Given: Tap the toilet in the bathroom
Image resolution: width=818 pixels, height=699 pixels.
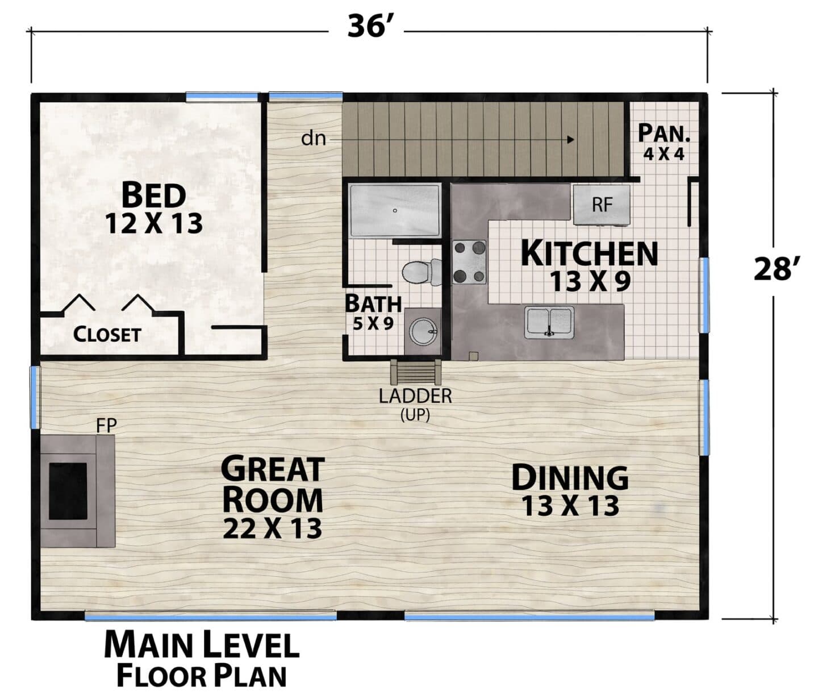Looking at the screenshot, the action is click(x=421, y=272).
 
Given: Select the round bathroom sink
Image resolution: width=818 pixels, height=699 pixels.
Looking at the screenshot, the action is click(x=423, y=332).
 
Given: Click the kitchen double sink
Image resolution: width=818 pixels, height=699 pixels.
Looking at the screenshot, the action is click(x=550, y=322).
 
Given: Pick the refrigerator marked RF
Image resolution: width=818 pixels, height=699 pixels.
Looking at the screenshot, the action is click(x=602, y=205).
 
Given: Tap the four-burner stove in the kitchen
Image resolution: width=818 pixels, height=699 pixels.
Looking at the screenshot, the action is click(x=470, y=262).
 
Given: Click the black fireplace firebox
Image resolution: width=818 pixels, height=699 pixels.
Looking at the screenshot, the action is click(x=68, y=491).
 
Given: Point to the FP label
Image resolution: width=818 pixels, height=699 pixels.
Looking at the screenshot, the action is click(x=106, y=426).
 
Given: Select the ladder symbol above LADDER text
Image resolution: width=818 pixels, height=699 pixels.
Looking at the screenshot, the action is click(x=415, y=372).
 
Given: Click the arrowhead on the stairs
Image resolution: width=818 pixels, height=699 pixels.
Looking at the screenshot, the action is click(x=571, y=139).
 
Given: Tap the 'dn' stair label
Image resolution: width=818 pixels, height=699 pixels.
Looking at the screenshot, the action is click(x=314, y=139).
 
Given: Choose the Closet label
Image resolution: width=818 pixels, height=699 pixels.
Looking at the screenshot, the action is click(x=107, y=335).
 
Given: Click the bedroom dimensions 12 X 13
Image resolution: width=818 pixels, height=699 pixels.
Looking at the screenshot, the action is click(x=154, y=224).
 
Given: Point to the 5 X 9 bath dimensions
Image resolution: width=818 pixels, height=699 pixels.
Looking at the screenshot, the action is click(x=373, y=324).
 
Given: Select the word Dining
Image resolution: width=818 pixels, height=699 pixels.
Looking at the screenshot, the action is click(x=570, y=478).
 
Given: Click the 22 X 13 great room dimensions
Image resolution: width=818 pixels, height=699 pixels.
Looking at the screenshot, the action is click(x=272, y=529).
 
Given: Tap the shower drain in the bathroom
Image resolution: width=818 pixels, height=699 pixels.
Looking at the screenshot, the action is click(x=395, y=211).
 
